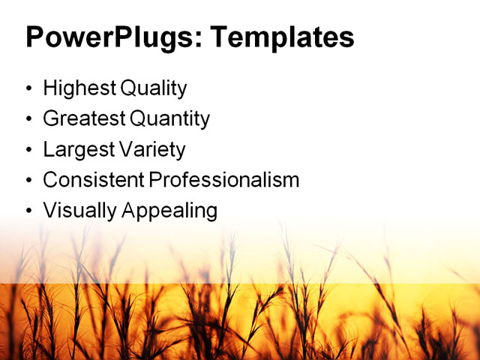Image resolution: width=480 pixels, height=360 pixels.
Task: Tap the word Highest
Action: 79,88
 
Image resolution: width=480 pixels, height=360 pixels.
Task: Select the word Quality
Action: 152,88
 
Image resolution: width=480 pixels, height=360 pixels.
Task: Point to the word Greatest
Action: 84,118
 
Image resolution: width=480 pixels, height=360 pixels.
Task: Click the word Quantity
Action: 170,118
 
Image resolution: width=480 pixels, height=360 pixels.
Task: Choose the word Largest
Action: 78,149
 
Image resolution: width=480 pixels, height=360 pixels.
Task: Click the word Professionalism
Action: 223,180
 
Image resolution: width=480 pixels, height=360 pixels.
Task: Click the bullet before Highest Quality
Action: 29,89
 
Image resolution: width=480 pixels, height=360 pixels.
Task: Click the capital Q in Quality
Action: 127,88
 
